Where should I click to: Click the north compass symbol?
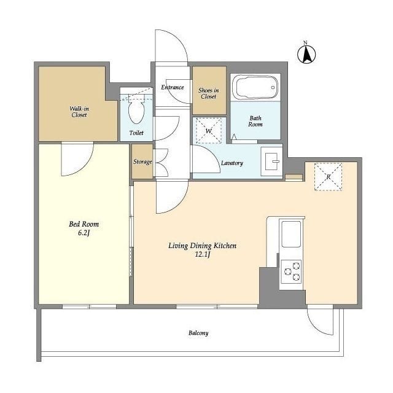coord(306,53)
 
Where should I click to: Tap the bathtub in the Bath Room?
coord(255,87)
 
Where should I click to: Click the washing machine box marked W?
coord(209,130)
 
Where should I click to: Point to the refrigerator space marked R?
coord(328,177)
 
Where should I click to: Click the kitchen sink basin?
coord(291,234)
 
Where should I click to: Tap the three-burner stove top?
coord(291,271)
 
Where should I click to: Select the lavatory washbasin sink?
coord(271,161)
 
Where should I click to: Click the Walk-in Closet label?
coord(79,112)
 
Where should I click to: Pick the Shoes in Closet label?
coord(209,93)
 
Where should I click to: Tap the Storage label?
coord(142,161)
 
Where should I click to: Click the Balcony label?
coord(198,333)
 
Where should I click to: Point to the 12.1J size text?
coord(202,255)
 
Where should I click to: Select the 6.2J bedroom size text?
coord(84,233)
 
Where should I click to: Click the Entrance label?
coord(173,87)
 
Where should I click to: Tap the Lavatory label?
coord(232,163)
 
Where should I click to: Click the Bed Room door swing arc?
coord(84,166)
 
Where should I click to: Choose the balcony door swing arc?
coord(317,328)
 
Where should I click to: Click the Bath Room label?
coord(255,121)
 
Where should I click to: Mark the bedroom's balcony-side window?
coord(89,306)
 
